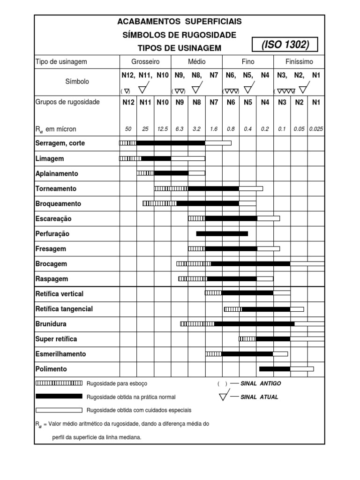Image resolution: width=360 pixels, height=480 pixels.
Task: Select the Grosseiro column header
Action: pos(145,61)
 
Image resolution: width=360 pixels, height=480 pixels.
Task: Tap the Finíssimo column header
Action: pos(299,61)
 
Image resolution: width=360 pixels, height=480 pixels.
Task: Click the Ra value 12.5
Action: pos(162,129)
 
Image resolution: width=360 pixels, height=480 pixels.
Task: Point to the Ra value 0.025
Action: pos(316,129)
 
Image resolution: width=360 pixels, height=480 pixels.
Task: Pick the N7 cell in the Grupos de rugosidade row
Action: pos(214,102)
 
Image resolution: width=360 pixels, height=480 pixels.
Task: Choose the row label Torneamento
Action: pos(56,188)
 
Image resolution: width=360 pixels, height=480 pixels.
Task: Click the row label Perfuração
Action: pos(52,233)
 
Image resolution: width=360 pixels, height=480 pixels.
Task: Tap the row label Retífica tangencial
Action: pos(64,309)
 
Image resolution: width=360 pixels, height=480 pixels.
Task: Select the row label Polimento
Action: pos(51,369)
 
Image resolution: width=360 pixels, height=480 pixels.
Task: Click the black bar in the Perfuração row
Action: pos(222,233)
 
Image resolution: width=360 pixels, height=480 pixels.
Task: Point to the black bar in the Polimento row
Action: pos(275,369)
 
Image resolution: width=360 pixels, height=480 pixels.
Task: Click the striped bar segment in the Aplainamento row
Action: pos(145,173)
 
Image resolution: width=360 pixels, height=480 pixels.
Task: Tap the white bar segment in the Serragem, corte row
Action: pos(218,143)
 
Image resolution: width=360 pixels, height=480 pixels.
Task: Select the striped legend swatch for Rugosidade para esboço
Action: pos(59,383)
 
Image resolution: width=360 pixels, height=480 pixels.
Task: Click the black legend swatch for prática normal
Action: pos(59,397)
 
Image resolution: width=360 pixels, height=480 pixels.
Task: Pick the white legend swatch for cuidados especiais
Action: pos(59,410)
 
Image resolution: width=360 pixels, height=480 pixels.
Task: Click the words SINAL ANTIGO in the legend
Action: pos(261,383)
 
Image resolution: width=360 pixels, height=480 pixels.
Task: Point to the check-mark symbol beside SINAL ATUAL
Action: pos(224,396)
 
